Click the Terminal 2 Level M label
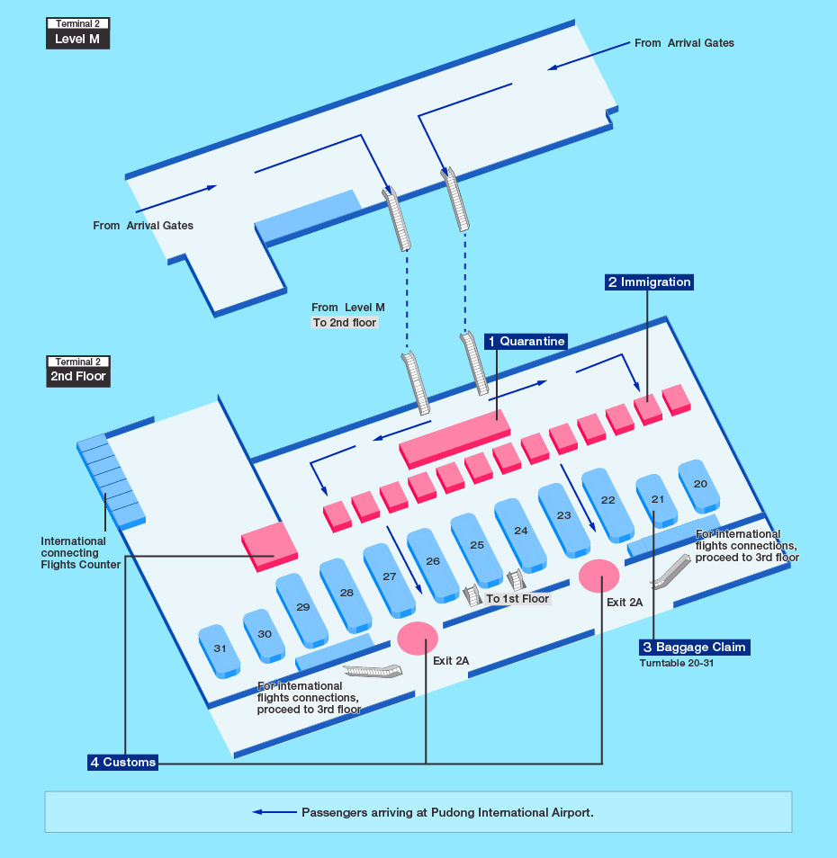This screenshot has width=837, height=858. click(x=77, y=33)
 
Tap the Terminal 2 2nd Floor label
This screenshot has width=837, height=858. click(x=77, y=371)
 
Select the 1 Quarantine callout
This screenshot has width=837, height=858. click(x=526, y=342)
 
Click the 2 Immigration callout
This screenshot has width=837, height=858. click(x=649, y=282)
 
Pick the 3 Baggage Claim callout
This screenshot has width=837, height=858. click(x=693, y=648)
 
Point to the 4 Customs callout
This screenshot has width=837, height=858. click(x=122, y=763)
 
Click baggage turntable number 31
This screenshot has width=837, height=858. click(x=220, y=648)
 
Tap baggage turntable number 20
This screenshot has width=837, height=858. click(x=700, y=484)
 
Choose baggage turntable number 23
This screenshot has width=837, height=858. click(x=564, y=516)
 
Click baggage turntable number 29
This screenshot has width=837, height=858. click(x=303, y=607)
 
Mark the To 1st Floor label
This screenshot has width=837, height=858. click(x=517, y=599)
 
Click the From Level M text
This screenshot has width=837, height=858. click(x=347, y=308)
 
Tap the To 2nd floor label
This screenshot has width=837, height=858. click(x=345, y=323)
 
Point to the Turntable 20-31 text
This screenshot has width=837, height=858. click(x=681, y=664)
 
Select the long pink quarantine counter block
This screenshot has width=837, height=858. click(x=454, y=437)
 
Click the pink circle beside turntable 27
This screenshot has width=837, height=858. click(x=418, y=638)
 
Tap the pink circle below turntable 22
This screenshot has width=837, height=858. click(x=598, y=576)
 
